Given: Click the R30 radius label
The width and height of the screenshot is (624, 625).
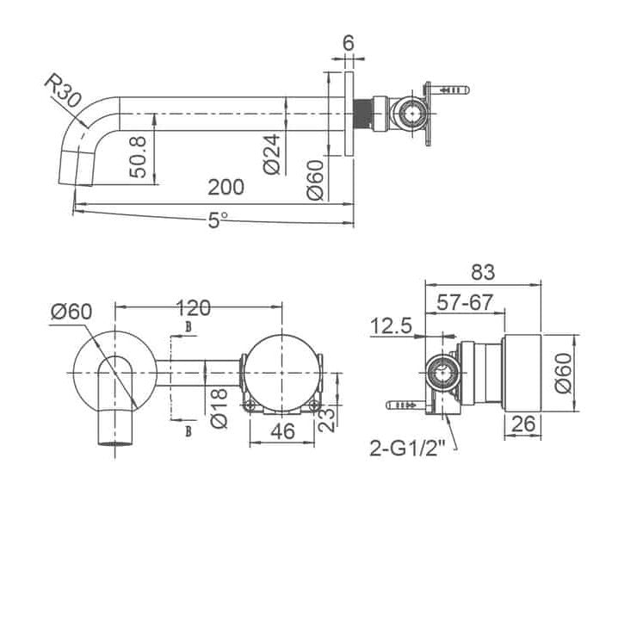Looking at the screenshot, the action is pyautogui.click(x=63, y=91).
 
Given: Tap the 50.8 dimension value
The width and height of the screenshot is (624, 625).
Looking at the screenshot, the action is pyautogui.click(x=139, y=157).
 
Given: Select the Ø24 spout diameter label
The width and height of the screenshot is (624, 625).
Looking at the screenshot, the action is pyautogui.click(x=272, y=154).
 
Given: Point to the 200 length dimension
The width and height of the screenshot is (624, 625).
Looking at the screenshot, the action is pyautogui.click(x=226, y=188).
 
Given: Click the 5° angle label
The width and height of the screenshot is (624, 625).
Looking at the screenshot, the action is pyautogui.click(x=218, y=220).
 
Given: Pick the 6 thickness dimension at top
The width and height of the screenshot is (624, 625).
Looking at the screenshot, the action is pyautogui.click(x=349, y=43).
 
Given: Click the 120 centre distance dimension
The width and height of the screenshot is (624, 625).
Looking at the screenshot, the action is pyautogui.click(x=194, y=308).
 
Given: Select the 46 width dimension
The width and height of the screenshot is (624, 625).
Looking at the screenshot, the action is pyautogui.click(x=282, y=431).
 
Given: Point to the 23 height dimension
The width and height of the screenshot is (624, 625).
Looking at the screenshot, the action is pyautogui.click(x=327, y=419).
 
